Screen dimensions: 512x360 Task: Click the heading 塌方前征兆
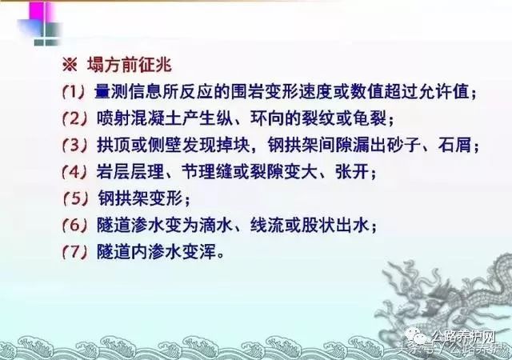point(130,65)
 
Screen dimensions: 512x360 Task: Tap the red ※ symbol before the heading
point(70,66)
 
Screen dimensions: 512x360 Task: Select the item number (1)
point(74,93)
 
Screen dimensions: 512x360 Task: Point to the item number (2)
point(75,119)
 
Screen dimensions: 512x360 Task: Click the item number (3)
point(75,146)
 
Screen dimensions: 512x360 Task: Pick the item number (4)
point(75,172)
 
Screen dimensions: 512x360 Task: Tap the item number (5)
point(75,198)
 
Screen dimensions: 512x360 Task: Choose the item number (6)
point(75,225)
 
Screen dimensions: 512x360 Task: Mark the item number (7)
point(75,252)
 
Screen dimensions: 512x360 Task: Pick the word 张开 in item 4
point(352,171)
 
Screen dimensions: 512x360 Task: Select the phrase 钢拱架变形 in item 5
point(141,198)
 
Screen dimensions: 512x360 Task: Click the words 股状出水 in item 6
point(335,225)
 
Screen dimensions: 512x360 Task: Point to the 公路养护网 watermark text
point(464,336)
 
